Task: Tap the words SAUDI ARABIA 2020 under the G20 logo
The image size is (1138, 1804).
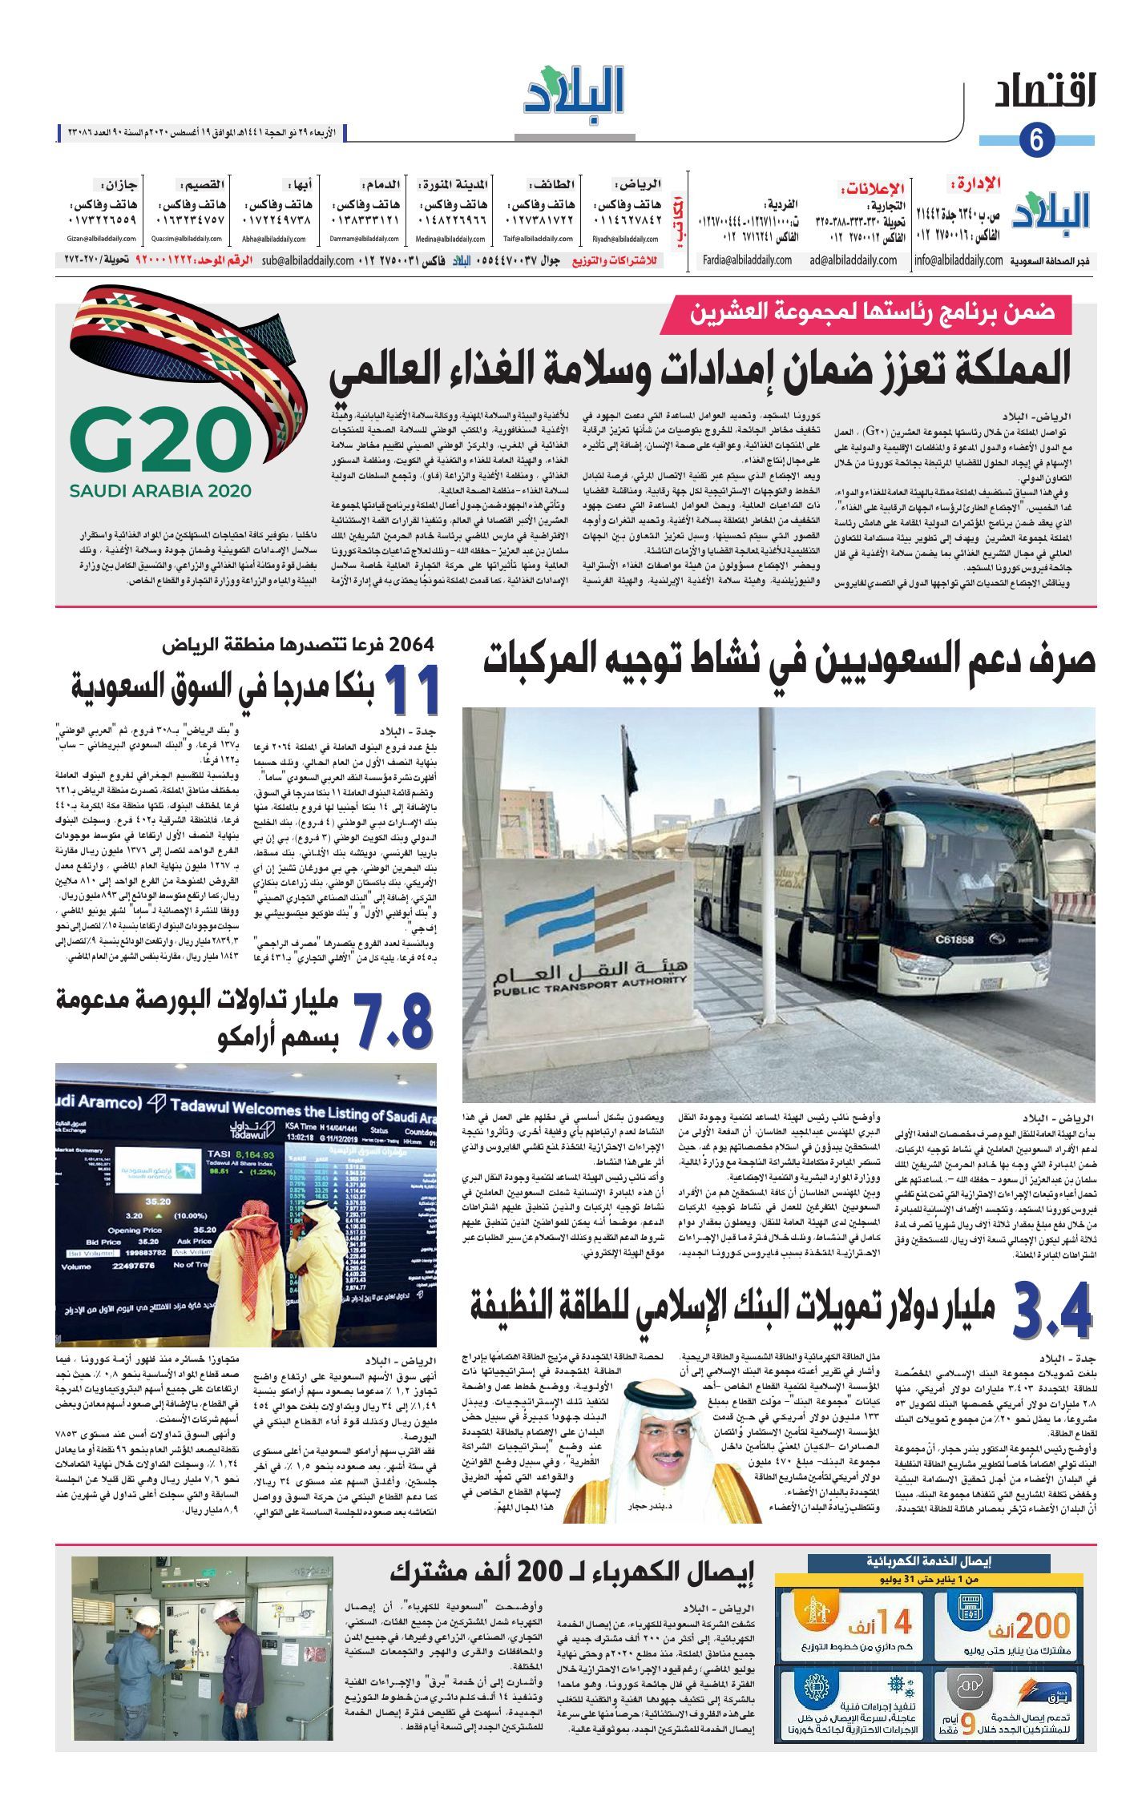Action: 160,491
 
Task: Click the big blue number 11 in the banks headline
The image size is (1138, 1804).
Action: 413,690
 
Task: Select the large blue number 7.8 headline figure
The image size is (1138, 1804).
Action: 393,1021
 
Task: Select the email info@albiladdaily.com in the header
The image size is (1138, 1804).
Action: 958,260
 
